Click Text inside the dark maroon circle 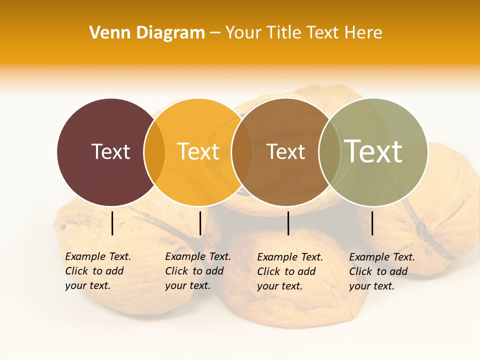tap(110, 151)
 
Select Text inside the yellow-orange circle tap(198, 151)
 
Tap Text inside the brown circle tap(285, 151)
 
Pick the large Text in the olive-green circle tap(373, 151)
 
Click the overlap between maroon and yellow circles tap(154, 152)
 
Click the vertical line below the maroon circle tap(112, 223)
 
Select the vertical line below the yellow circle tap(200, 223)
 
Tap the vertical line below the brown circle tap(288, 223)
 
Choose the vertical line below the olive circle tap(372, 223)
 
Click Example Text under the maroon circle tap(98, 256)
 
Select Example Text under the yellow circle tap(198, 256)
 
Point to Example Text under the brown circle tap(290, 257)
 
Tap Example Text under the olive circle tap(382, 257)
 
